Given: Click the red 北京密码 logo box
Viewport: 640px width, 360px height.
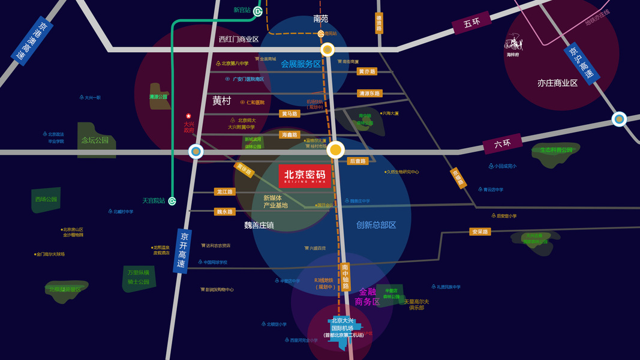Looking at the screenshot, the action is pyautogui.click(x=304, y=176).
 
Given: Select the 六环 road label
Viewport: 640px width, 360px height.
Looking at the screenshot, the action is pyautogui.click(x=502, y=144).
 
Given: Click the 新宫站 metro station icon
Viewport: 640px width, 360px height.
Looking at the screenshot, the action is pyautogui.click(x=257, y=11).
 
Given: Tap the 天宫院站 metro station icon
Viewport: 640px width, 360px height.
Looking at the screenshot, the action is pyautogui.click(x=172, y=201).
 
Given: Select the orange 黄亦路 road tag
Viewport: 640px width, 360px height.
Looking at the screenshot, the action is pyautogui.click(x=366, y=71).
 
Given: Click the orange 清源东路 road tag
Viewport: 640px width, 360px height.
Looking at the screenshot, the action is pyautogui.click(x=369, y=94).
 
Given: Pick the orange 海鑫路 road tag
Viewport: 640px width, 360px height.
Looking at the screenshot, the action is pyautogui.click(x=289, y=135).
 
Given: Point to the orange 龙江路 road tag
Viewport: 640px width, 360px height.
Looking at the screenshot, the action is pyautogui.click(x=225, y=192).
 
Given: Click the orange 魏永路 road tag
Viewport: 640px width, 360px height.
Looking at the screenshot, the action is pyautogui.click(x=225, y=212).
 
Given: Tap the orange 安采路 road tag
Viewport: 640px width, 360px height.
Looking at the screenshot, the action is pyautogui.click(x=480, y=232).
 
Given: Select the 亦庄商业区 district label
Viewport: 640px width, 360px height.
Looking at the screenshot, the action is pyautogui.click(x=557, y=83).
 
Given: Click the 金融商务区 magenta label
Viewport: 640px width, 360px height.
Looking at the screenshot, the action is pyautogui.click(x=367, y=296).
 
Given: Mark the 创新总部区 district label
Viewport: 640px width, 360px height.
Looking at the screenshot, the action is pyautogui.click(x=376, y=225).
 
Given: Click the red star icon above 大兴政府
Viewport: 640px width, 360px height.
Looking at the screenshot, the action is pyautogui.click(x=188, y=116).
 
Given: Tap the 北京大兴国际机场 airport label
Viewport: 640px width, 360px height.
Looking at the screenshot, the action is pyautogui.click(x=342, y=327).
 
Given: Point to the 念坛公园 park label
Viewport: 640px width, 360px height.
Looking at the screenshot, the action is pyautogui.click(x=95, y=140).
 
